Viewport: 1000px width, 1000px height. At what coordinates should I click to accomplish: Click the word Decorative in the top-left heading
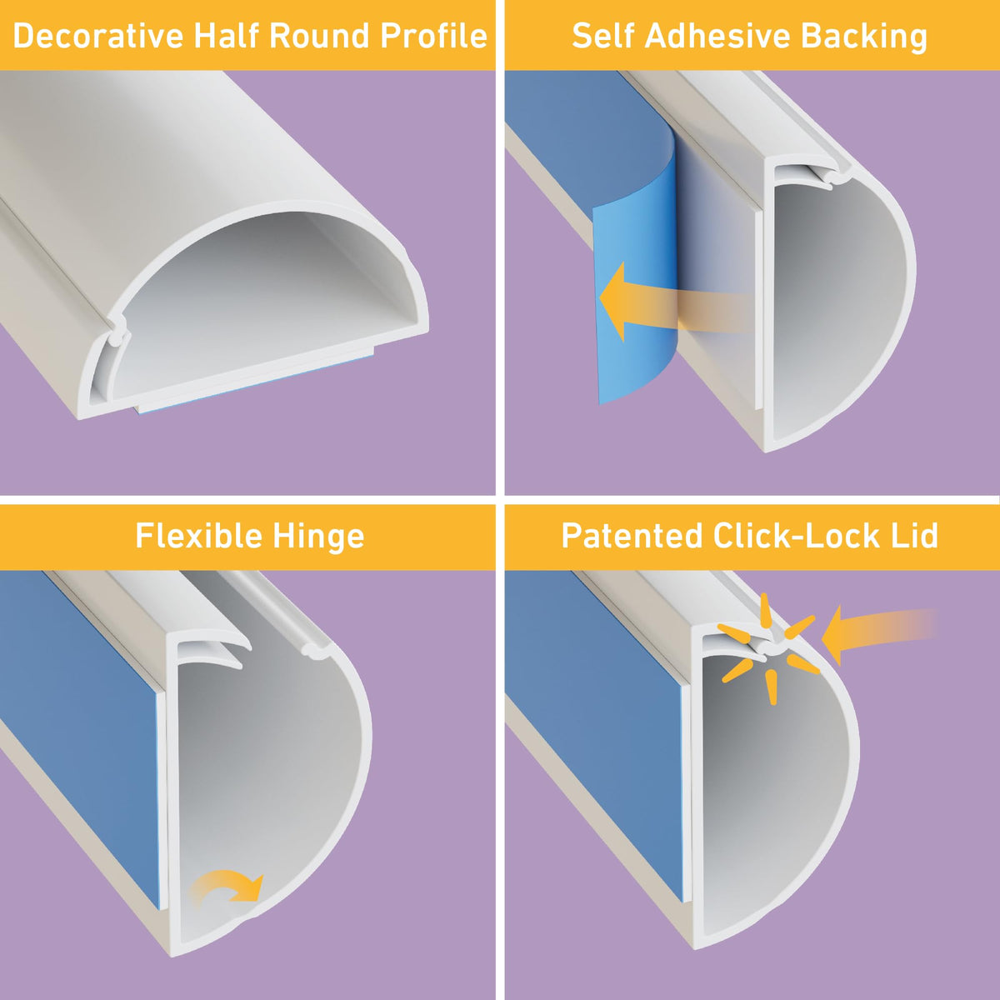(98, 36)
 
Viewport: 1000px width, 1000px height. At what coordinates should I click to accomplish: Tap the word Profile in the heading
(434, 36)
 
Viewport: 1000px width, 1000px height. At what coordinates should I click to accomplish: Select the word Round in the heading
(320, 36)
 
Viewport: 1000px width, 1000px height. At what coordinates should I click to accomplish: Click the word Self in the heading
(602, 36)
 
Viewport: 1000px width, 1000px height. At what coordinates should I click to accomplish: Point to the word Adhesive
(717, 36)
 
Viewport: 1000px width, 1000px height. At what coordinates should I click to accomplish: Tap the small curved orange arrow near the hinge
(227, 887)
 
